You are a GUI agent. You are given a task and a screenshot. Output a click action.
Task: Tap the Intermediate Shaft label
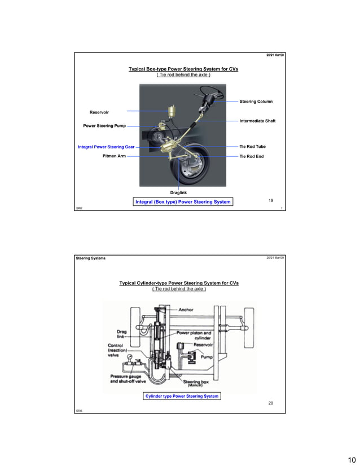(x=257, y=121)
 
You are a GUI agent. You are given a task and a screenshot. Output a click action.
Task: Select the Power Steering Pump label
(x=104, y=126)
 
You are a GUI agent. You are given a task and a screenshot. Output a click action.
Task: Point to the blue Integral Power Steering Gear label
(x=102, y=147)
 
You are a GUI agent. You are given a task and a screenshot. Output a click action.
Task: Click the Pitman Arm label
(x=114, y=156)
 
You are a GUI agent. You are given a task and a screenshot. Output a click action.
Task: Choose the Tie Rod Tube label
(x=252, y=147)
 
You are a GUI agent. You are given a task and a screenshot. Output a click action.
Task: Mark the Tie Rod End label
(x=252, y=156)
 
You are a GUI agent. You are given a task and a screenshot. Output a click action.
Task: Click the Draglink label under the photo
(x=178, y=193)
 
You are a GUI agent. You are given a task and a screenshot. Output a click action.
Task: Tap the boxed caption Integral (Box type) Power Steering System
(x=183, y=202)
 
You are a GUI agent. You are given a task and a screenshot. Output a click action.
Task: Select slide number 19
(x=271, y=201)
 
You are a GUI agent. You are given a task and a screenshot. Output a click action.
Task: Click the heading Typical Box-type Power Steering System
(x=183, y=69)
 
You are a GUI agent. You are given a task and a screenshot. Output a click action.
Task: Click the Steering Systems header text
(x=90, y=258)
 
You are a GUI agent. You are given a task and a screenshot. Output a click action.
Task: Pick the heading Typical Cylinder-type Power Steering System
(x=178, y=283)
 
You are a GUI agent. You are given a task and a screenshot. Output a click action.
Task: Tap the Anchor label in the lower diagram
(x=186, y=310)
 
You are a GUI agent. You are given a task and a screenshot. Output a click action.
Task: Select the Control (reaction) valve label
(x=120, y=350)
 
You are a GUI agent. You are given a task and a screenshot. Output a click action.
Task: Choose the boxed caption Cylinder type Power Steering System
(x=181, y=396)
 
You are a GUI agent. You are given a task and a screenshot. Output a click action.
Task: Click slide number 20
(x=270, y=403)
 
